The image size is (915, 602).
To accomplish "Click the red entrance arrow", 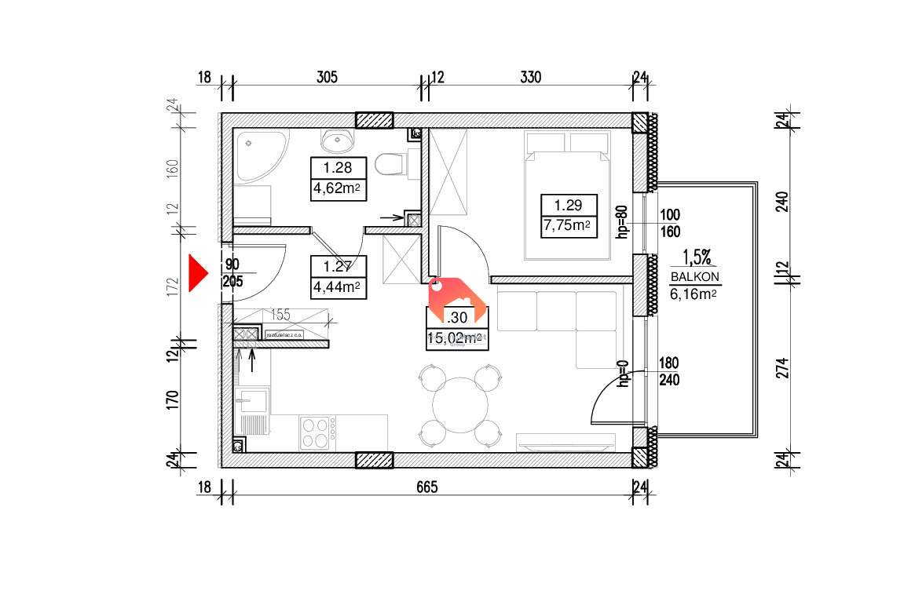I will [196, 275].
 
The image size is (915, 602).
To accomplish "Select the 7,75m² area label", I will [569, 226].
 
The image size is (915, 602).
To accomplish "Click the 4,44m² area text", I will [336, 287].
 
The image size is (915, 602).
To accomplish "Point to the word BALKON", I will [695, 277].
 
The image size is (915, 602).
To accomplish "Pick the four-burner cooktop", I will [316, 432].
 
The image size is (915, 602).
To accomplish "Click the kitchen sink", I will [253, 402].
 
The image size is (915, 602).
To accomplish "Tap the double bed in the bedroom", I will [568, 196].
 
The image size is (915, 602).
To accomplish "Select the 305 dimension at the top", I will [327, 77].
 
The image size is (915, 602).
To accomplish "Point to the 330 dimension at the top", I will [531, 77].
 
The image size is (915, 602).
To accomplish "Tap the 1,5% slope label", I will [696, 257].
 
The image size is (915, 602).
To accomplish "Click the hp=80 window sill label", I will [620, 222].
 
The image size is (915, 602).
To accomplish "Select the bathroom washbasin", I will [338, 141].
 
